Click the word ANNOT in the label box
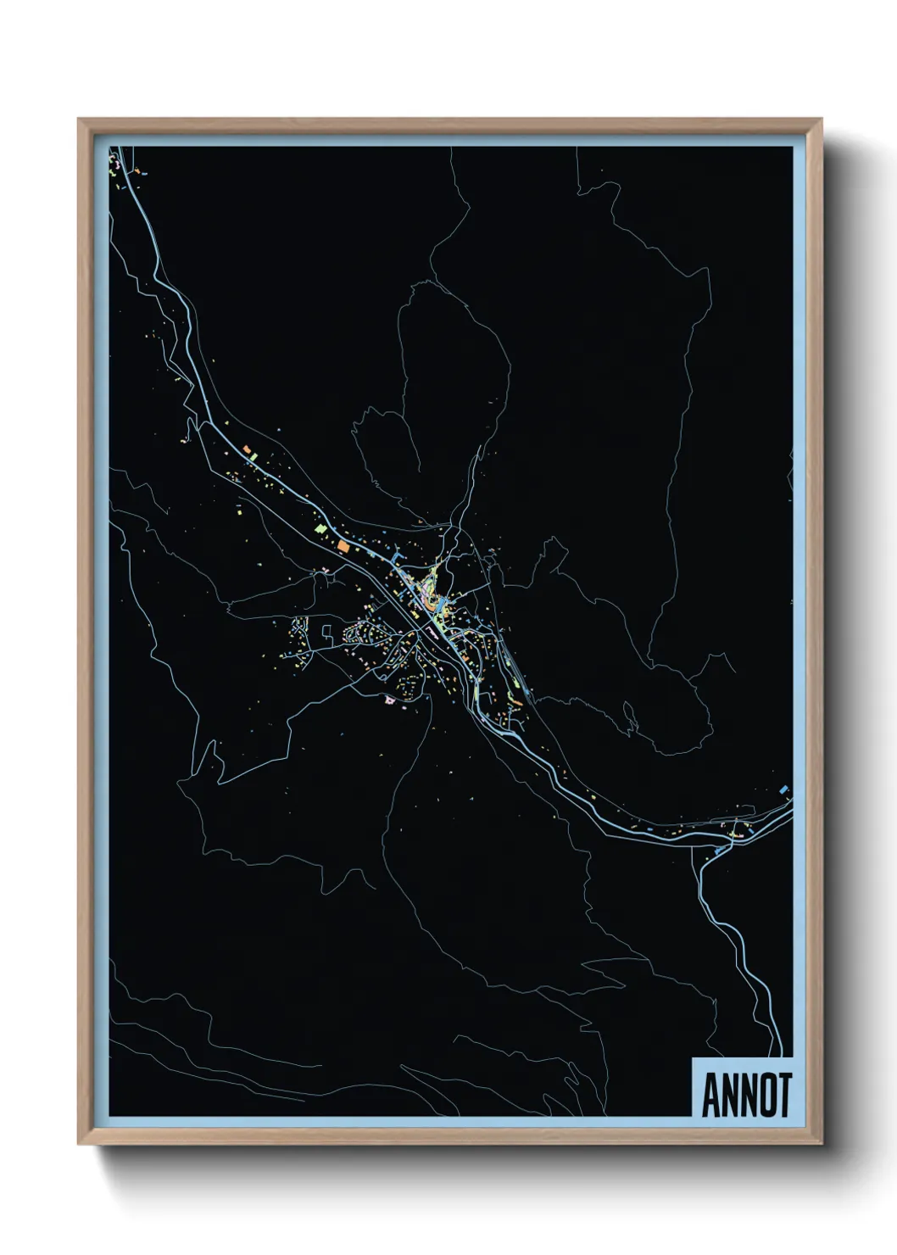(x=746, y=1096)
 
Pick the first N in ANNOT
(x=728, y=1096)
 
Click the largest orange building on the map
(x=344, y=545)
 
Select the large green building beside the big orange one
(x=320, y=528)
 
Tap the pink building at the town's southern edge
(x=390, y=700)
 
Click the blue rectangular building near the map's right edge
(x=784, y=789)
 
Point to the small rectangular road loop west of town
(x=326, y=629)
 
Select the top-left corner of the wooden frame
(x=80, y=120)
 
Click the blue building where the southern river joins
(x=722, y=848)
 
